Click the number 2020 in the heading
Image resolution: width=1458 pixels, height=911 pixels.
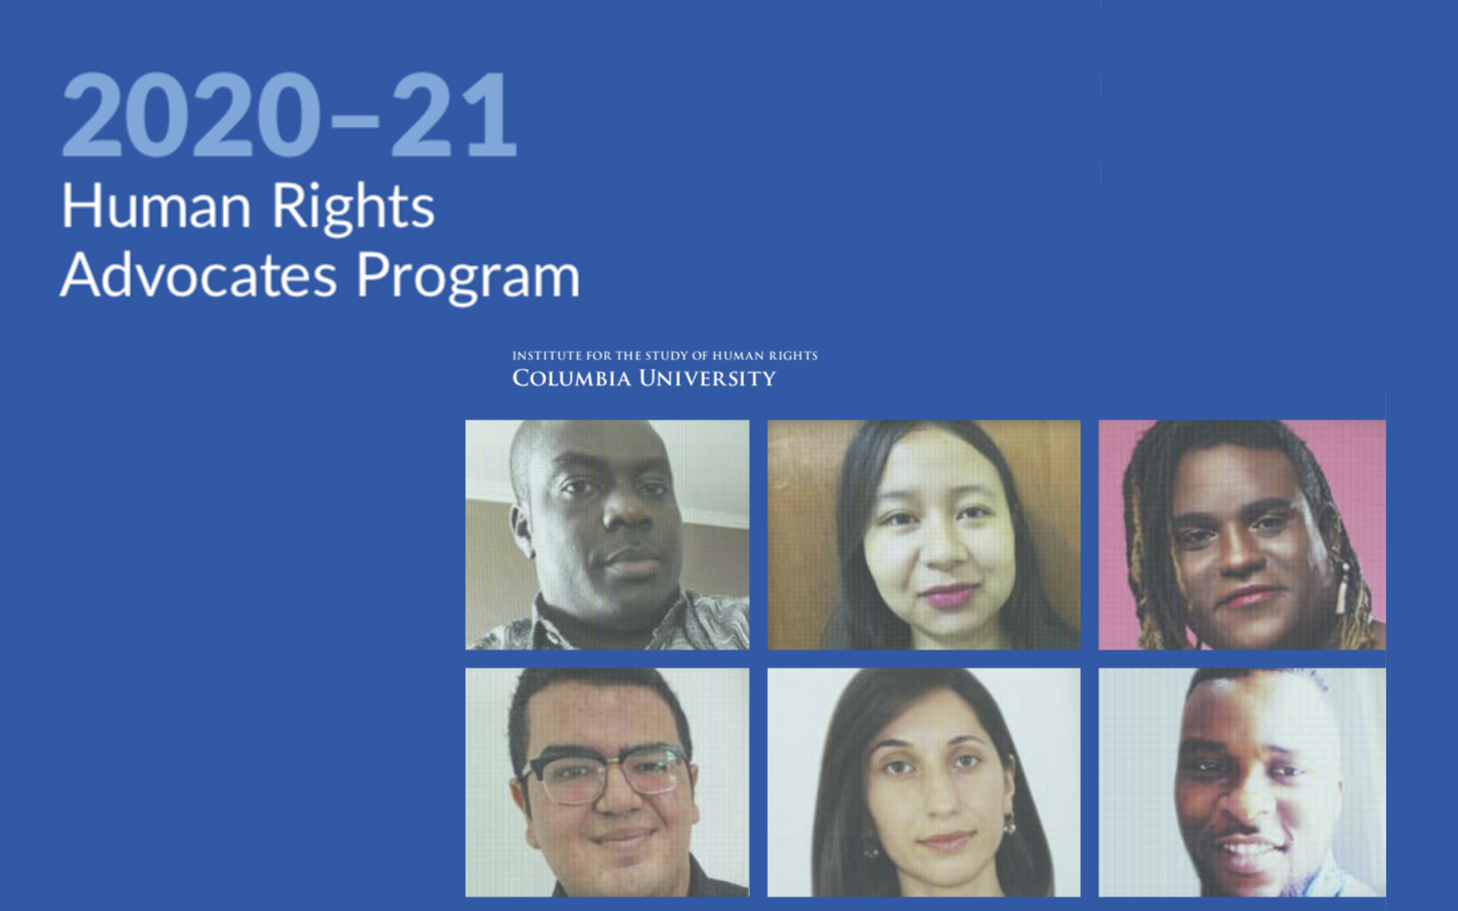point(191,115)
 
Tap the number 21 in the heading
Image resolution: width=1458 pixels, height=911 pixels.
point(454,115)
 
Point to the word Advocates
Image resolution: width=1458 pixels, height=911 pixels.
point(199,275)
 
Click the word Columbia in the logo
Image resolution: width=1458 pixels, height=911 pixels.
point(572,378)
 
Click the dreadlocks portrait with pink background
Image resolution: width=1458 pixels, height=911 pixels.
point(1242,535)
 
